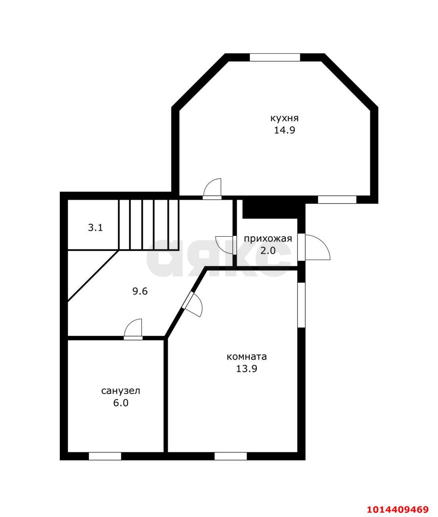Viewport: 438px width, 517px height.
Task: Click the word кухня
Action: coord(285,118)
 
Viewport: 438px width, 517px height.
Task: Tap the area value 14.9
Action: coord(285,130)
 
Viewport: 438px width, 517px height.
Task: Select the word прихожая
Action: coord(268,239)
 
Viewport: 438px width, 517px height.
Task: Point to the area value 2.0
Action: coord(268,250)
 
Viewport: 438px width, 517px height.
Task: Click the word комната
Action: coord(247,356)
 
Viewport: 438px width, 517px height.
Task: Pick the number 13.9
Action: coord(247,369)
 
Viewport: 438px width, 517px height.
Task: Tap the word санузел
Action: coord(120,391)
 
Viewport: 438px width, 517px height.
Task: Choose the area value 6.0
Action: coord(120,403)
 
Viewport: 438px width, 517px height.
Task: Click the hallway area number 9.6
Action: coord(140,291)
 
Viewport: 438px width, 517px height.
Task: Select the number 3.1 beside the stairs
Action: coord(95,228)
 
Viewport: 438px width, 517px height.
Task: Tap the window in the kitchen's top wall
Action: coord(275,57)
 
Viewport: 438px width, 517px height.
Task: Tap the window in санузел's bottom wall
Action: coord(105,456)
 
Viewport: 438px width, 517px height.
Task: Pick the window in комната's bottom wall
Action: coord(231,456)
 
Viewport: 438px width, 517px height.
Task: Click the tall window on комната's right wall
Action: coord(301,305)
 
